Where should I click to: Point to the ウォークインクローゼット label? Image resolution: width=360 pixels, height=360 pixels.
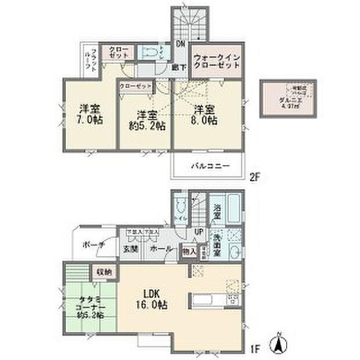(x=217, y=62)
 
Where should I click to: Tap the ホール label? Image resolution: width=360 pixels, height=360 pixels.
(x=161, y=249)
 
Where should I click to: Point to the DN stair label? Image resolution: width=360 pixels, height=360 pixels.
(x=181, y=44)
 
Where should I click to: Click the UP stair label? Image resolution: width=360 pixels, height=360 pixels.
(x=199, y=232)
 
